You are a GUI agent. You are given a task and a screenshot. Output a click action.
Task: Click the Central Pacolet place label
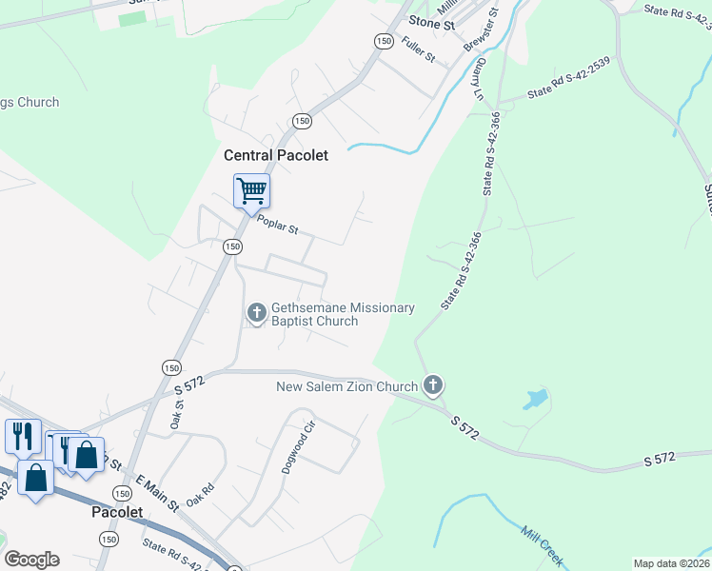pyautogui.click(x=276, y=155)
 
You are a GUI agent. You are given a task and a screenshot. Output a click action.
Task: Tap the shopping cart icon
pyautogui.click(x=251, y=190)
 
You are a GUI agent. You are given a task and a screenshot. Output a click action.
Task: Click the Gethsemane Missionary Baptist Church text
pyautogui.click(x=343, y=314)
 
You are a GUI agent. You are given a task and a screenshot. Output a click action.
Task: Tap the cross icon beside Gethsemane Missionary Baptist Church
pyautogui.click(x=256, y=312)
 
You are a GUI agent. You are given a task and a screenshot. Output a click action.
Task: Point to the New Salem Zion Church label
pyautogui.click(x=346, y=386)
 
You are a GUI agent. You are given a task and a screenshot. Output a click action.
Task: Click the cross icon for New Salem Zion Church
pyautogui.click(x=433, y=385)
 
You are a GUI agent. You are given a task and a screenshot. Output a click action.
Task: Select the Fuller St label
pyautogui.click(x=419, y=49)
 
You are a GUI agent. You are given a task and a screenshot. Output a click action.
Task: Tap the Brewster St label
pyautogui.click(x=481, y=30)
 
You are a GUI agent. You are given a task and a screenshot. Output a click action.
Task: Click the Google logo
pyautogui.click(x=31, y=560)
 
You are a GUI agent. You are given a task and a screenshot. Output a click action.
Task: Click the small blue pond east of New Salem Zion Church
pyautogui.click(x=536, y=398)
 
